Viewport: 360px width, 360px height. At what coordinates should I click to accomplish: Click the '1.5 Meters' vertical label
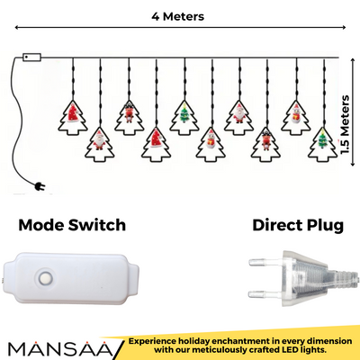pos(346,127)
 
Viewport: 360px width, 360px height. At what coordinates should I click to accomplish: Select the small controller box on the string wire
pos(31,58)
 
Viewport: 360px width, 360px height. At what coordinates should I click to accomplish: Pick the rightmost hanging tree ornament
pos(322,141)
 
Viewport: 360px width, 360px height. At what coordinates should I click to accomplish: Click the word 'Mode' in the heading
pos(47,224)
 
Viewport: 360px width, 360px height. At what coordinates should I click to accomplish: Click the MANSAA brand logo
pos(58,346)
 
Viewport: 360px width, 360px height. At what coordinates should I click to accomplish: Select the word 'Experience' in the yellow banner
pos(161,341)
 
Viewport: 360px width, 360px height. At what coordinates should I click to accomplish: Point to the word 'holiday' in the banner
pos(207,341)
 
